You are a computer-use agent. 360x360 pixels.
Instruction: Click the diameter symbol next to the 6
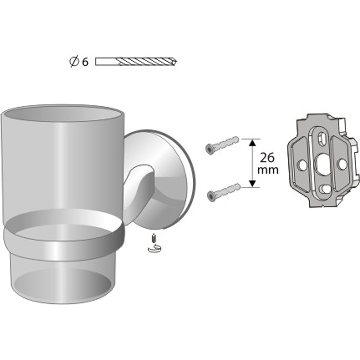(74, 62)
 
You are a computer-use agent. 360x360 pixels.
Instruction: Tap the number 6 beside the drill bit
(85, 62)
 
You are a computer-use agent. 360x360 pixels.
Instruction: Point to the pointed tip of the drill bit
(176, 62)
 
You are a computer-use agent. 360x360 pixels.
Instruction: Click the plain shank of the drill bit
(107, 62)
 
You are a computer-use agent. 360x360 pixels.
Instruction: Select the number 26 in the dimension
(267, 158)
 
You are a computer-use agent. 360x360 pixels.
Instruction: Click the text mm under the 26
(268, 170)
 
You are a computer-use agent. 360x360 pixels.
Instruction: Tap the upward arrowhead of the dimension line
(252, 143)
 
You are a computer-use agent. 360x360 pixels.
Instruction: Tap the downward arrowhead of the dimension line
(252, 184)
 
